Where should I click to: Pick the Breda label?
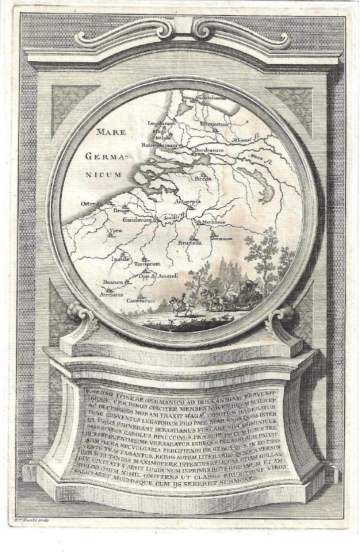tap(202, 179)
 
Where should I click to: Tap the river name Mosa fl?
tap(260, 160)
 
